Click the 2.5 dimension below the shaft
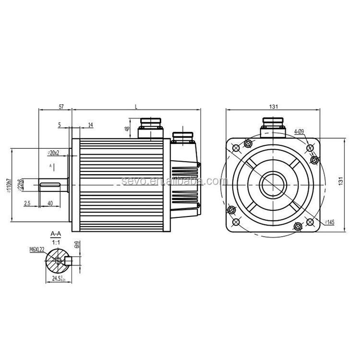pyautogui.click(x=27, y=204)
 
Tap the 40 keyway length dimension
pyautogui.click(x=50, y=204)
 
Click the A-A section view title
pyautogui.click(x=56, y=233)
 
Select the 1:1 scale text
pyautogui.click(x=56, y=241)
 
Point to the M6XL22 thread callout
pyautogui.click(x=36, y=249)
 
